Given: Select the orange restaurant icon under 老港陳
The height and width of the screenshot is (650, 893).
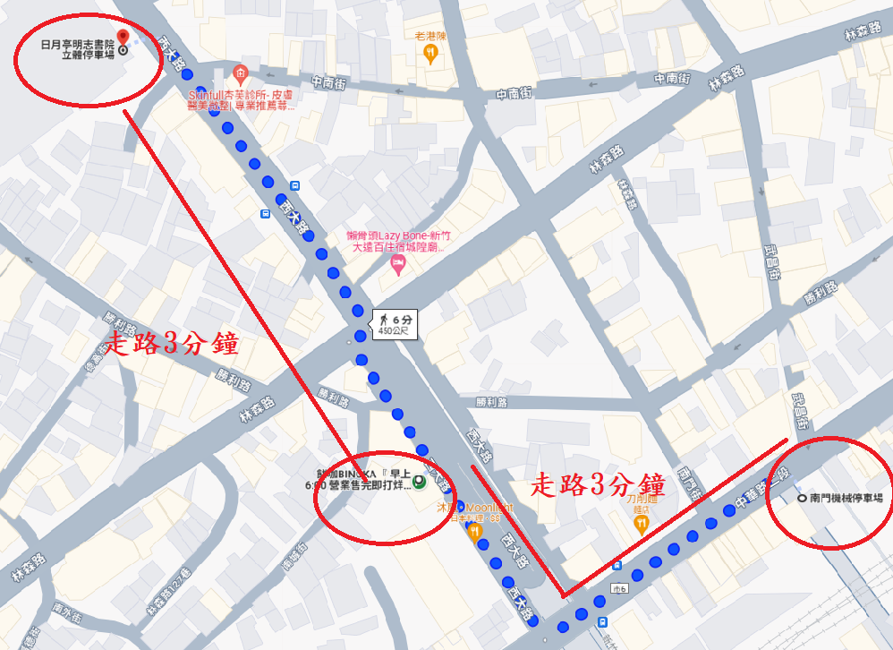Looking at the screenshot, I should tap(431, 55).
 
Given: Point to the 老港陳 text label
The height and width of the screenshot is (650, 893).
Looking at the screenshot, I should tap(430, 36).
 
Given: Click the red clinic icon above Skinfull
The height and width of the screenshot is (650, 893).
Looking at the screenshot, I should tap(239, 73).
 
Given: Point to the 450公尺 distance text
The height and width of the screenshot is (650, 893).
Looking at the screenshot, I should tap(394, 331).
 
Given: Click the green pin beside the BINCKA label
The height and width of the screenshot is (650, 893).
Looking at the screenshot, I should tap(419, 482).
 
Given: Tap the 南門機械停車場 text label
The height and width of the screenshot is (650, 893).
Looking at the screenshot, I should tap(846, 498).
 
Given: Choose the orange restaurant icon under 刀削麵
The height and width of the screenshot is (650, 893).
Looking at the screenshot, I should tap(640, 526).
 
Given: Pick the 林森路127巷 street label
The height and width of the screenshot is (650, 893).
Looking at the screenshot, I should tap(169, 592).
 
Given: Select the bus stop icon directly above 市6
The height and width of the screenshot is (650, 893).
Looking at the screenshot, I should tap(617, 566).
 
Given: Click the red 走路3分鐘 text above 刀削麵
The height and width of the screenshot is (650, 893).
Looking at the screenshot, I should tap(598, 486).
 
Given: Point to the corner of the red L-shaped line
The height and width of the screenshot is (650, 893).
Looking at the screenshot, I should tap(561, 595).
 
